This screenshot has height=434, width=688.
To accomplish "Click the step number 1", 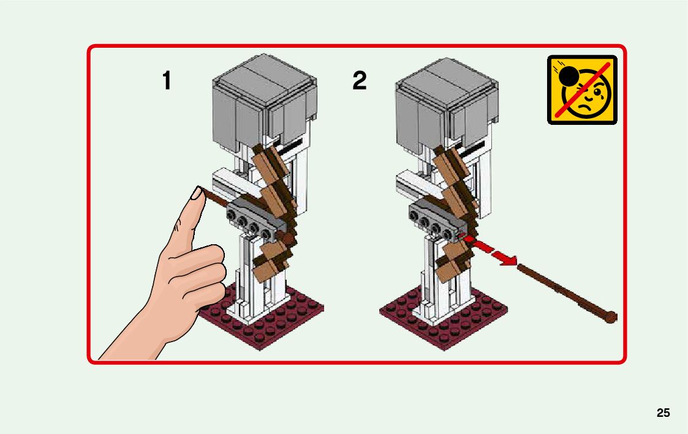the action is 166,81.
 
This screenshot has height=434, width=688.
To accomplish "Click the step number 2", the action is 360,81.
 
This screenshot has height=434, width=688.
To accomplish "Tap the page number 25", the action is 663,413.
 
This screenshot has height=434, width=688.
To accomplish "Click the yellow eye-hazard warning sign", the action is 582,90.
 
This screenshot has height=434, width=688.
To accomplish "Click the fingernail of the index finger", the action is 197,193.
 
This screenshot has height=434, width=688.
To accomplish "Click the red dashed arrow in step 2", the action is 487,250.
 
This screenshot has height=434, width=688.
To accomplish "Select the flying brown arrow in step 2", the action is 567,291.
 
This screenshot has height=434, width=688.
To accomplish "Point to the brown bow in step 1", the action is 274,211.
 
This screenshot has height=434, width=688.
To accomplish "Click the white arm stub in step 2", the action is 412,183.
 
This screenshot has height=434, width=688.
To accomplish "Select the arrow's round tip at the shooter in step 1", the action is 288,239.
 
